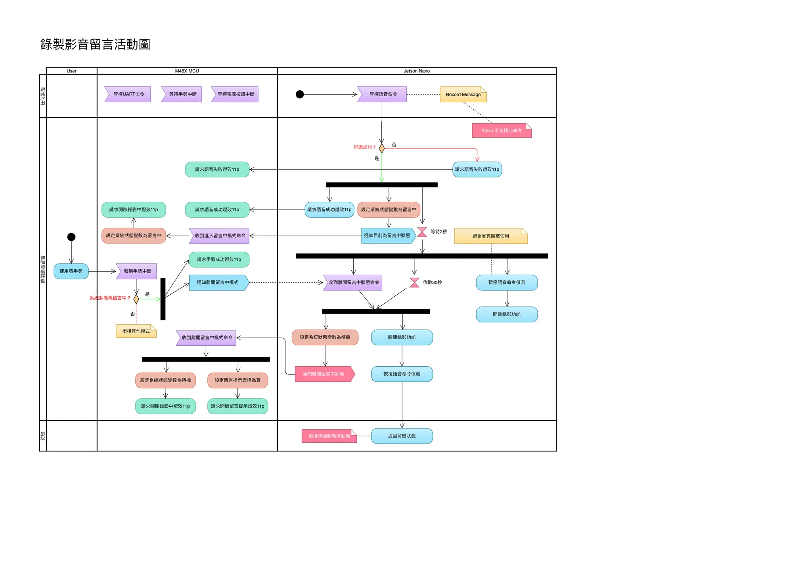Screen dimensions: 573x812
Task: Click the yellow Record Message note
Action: (463, 95)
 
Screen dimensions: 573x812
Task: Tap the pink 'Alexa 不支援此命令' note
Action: (501, 131)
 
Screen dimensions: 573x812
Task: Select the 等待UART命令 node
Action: (128, 94)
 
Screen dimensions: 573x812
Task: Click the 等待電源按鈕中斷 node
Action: (235, 94)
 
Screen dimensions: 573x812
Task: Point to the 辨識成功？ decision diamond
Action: (381, 148)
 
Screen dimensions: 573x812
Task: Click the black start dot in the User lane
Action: (71, 237)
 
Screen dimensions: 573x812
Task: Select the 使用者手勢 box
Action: (71, 271)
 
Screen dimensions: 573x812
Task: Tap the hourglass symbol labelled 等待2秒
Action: (422, 232)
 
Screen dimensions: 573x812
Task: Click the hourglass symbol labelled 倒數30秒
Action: (414, 283)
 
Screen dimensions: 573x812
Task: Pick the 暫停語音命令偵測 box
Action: (506, 283)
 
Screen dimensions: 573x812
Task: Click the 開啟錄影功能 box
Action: (506, 314)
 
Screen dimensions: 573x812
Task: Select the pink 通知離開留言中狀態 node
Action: (324, 374)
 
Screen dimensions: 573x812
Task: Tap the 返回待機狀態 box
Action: (402, 436)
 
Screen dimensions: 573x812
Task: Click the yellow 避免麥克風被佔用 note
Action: (490, 236)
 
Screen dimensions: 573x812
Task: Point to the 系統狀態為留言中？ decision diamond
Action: (136, 299)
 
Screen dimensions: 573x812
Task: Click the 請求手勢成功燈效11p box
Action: (219, 260)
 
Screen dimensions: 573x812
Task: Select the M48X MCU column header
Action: (187, 71)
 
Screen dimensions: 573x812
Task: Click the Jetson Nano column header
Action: (416, 71)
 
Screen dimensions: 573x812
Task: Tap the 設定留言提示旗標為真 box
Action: (237, 380)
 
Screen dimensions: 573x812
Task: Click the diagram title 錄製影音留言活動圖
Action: (95, 44)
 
